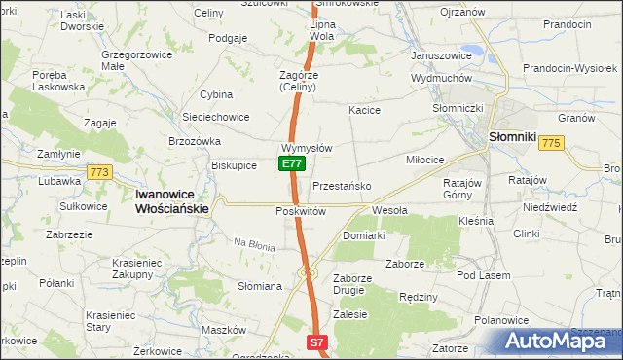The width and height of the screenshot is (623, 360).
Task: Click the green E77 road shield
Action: (x=290, y=164)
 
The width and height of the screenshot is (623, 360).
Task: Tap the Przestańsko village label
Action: (x=341, y=185)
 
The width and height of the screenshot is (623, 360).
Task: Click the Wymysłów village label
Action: (x=308, y=148)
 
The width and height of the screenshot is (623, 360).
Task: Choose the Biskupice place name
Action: (x=234, y=165)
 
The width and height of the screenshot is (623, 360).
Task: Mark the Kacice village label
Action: (x=364, y=111)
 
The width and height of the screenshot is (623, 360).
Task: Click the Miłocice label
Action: (x=424, y=159)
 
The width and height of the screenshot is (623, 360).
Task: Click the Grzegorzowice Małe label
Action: (x=132, y=61)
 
